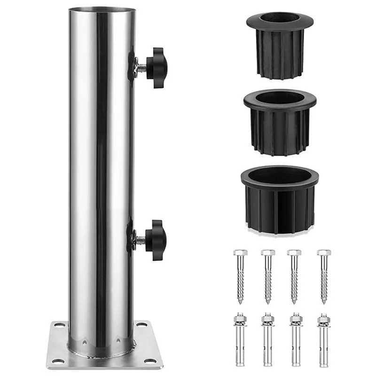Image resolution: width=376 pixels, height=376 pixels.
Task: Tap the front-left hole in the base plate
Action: [56, 361]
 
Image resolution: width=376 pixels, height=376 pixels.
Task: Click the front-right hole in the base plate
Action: [150, 361]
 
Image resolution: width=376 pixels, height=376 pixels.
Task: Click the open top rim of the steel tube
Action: [102, 9]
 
